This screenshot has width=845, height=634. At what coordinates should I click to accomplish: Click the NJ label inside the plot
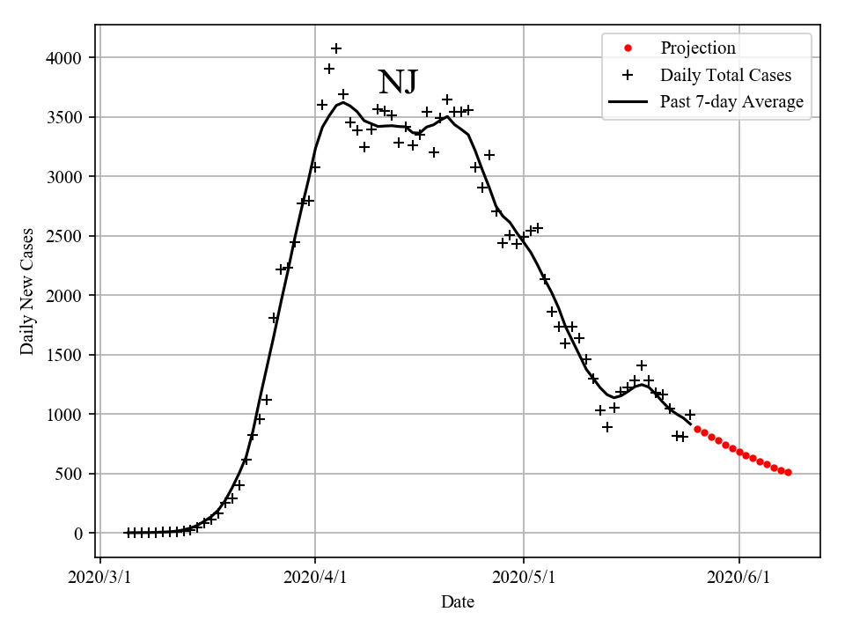point(398,82)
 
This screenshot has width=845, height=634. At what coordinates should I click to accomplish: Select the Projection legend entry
point(698,48)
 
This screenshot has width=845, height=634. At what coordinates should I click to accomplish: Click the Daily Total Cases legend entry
point(725,76)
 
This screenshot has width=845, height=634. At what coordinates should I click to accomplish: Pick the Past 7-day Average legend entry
point(731,102)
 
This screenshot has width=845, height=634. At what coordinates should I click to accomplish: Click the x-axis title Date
point(458,602)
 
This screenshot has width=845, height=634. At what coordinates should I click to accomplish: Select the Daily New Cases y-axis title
point(27,291)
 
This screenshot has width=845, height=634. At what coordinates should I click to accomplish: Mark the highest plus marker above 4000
point(336,48)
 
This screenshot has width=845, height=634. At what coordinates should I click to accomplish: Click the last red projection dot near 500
point(788,473)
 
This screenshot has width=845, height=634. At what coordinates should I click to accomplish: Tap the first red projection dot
point(697,429)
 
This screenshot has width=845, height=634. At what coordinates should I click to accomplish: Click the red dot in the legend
point(628,48)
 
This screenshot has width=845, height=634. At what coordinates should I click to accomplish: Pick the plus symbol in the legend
point(628,76)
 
